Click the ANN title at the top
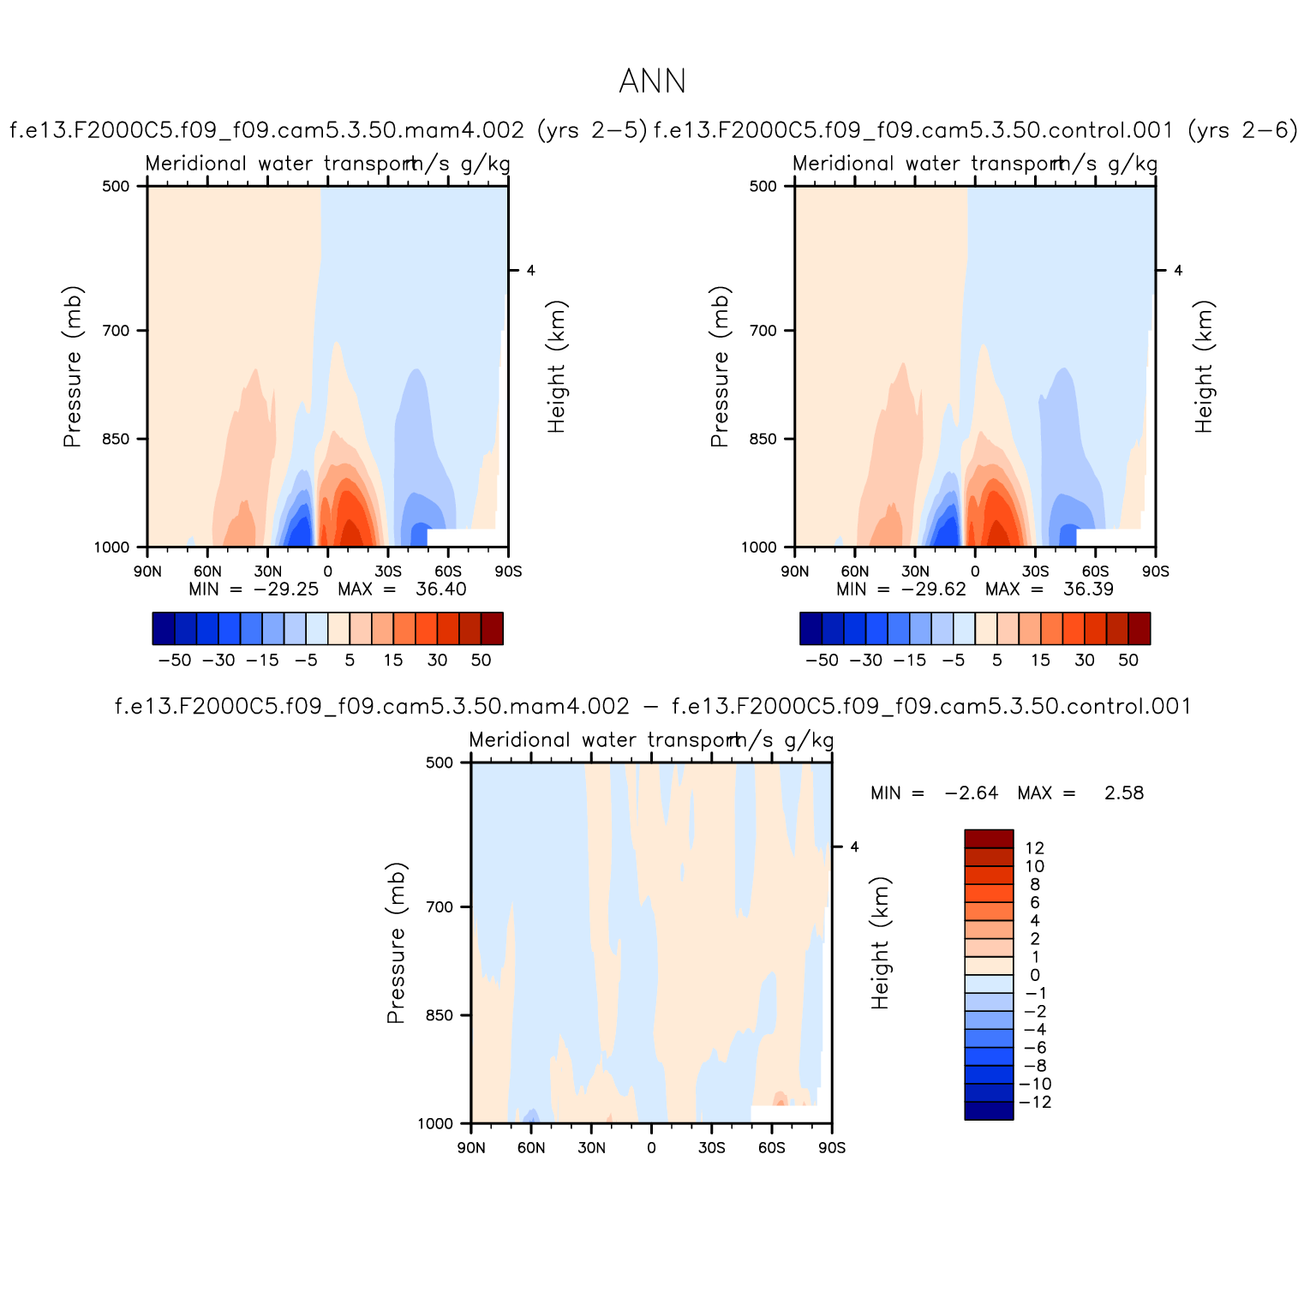tap(652, 82)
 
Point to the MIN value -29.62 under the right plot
tap(933, 589)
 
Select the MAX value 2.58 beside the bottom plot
tap(1123, 793)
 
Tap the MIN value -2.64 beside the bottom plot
tap(971, 793)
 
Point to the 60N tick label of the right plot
tap(855, 571)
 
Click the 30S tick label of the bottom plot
tap(711, 1148)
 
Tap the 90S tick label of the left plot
tap(508, 571)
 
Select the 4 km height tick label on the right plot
tap(1178, 271)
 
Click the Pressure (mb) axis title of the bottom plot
tap(396, 942)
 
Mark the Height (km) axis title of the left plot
tap(557, 367)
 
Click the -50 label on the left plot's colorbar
tap(175, 661)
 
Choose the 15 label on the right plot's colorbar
tap(1040, 661)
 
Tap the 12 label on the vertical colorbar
tap(1035, 848)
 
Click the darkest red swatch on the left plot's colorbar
tap(492, 628)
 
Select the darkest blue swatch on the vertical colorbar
tap(989, 1110)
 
